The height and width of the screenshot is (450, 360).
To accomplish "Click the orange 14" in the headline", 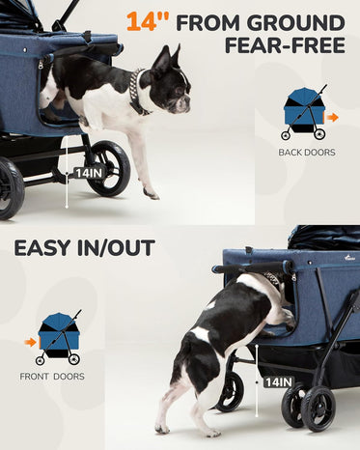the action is click(148, 22).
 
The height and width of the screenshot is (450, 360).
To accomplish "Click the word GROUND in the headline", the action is click(296, 23).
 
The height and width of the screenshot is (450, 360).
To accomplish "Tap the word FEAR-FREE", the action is click(285, 45).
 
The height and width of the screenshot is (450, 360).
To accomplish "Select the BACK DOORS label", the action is click(307, 153).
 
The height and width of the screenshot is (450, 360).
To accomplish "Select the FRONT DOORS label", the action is click(52, 377).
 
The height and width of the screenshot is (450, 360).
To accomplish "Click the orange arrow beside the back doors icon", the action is click(332, 118).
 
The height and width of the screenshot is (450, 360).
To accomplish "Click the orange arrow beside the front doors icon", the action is click(30, 342).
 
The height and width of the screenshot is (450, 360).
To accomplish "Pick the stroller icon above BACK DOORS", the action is click(304, 113).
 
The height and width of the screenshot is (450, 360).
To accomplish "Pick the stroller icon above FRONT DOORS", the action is click(60, 338).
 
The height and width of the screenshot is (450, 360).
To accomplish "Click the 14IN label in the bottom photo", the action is click(279, 382).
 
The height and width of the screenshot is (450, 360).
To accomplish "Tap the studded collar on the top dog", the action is click(137, 92).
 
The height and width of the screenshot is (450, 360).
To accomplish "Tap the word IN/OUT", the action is click(116, 248).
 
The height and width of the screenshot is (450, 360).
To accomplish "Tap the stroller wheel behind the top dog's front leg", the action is click(109, 168).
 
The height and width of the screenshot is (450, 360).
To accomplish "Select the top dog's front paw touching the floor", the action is click(152, 193).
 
